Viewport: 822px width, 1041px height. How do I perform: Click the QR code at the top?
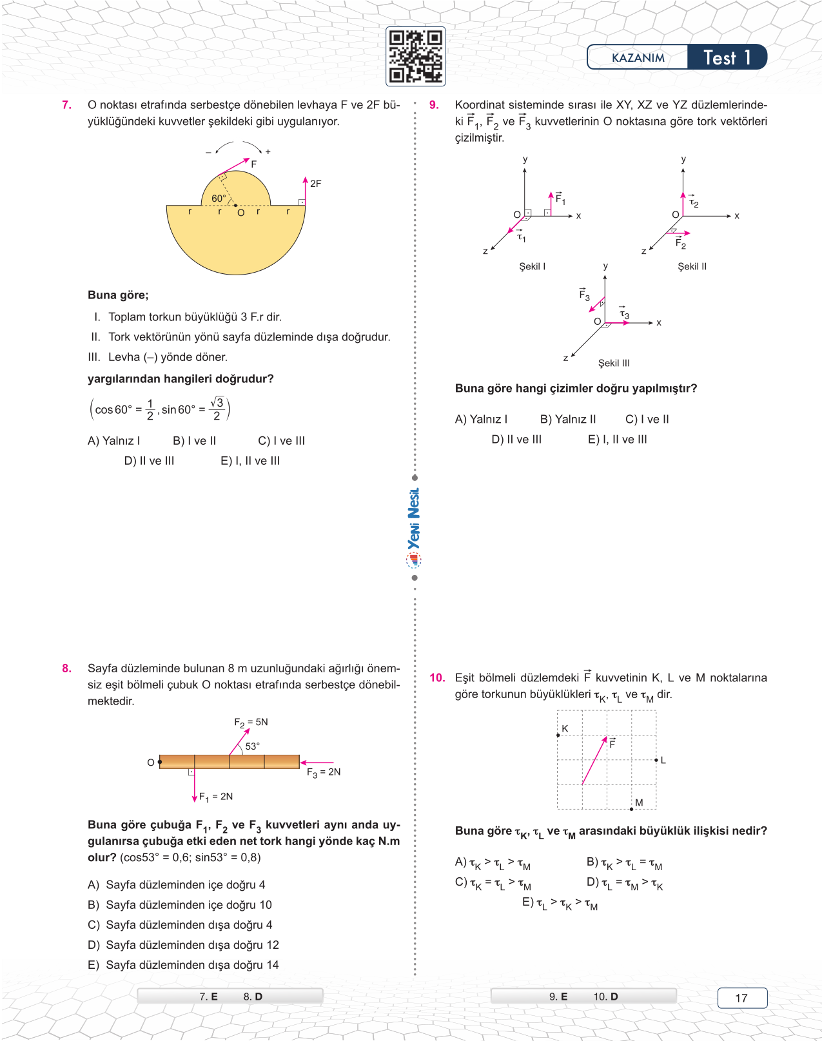416,56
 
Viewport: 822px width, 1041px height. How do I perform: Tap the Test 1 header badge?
727,57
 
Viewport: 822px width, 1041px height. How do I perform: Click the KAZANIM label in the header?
638,58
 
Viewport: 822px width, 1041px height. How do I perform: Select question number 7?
66,105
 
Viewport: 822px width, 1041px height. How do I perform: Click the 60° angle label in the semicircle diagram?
219,199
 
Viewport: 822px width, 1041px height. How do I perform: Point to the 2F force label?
315,184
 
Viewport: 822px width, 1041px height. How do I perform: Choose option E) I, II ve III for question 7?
250,461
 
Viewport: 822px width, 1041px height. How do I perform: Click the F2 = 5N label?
251,723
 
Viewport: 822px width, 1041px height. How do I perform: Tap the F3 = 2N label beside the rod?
324,772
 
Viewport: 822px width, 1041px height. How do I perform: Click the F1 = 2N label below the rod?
216,797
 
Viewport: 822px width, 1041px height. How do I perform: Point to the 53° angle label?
252,746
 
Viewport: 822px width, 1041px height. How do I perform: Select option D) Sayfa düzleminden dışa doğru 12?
184,945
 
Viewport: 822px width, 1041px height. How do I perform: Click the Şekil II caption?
692,266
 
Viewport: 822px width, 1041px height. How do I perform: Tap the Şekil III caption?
614,363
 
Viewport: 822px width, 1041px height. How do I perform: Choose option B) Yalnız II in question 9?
568,420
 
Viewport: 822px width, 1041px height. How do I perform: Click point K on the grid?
558,735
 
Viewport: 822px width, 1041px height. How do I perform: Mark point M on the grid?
632,808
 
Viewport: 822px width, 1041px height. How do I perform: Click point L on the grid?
656,760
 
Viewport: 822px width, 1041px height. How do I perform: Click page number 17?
741,998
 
